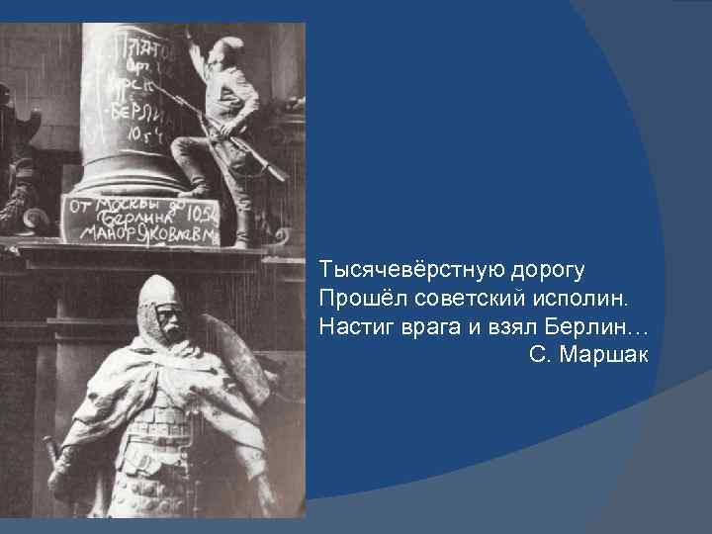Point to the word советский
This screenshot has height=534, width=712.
pyautogui.click(x=460, y=298)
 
